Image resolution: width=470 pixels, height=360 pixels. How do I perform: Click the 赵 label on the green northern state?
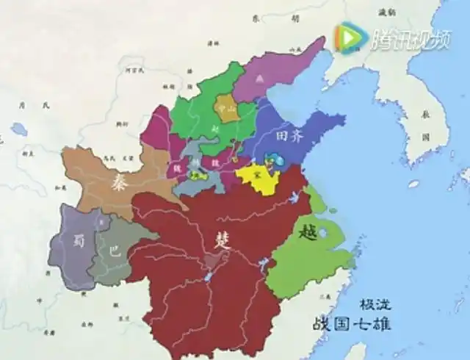214,127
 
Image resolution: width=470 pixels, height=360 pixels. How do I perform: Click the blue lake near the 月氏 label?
18,130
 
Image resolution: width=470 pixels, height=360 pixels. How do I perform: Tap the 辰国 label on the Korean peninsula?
425,125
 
